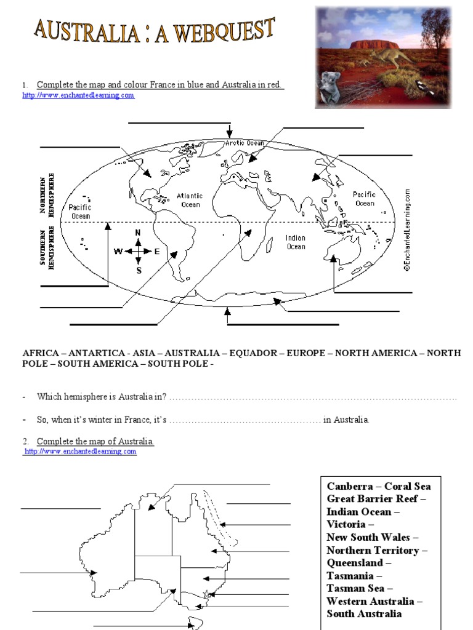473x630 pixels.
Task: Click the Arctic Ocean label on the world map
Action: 245,143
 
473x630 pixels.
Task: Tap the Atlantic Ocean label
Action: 190,200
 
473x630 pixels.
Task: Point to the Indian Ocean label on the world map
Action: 296,242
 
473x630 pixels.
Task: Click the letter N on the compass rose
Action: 138,233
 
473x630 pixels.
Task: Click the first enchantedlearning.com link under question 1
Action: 78,95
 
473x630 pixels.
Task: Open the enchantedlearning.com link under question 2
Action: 80,452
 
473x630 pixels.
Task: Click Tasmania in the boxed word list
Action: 350,576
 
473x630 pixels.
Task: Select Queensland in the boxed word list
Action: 355,563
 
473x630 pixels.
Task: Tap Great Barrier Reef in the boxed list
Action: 377,498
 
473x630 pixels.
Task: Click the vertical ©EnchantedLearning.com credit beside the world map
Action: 407,229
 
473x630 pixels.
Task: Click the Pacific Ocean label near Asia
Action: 364,199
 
